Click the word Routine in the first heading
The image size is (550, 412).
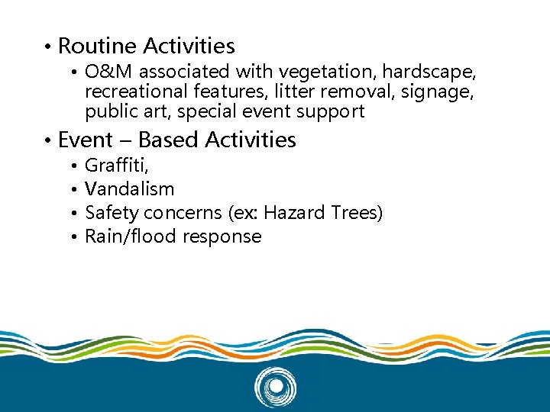[96, 47]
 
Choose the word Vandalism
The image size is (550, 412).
[129, 189]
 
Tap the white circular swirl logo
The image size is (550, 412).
[274, 387]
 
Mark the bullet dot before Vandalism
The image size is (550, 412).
[70, 189]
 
